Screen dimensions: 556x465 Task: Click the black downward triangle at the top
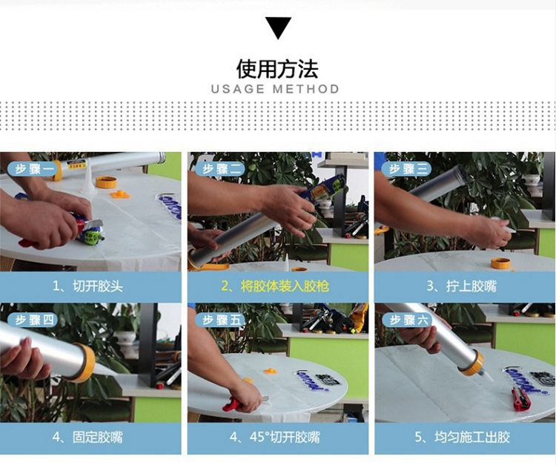click(x=278, y=27)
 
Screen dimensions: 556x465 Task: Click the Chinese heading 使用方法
click(x=277, y=68)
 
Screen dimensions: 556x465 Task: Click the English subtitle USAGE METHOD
click(x=275, y=89)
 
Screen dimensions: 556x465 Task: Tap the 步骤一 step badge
click(x=33, y=169)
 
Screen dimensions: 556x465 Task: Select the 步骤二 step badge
click(x=221, y=169)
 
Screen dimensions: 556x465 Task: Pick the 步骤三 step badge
click(x=408, y=169)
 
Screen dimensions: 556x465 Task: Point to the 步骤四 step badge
click(x=33, y=320)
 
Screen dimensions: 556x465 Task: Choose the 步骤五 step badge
click(x=221, y=320)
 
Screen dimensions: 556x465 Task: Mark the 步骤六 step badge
click(x=408, y=320)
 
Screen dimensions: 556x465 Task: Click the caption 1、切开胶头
click(x=87, y=286)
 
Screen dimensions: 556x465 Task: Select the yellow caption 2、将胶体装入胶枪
click(x=275, y=286)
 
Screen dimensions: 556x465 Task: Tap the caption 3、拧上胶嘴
click(x=462, y=286)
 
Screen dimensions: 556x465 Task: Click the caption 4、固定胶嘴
click(x=87, y=437)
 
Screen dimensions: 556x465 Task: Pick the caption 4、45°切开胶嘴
click(x=275, y=437)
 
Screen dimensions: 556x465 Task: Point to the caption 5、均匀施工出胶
click(x=462, y=437)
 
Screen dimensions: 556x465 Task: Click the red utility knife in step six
click(x=520, y=399)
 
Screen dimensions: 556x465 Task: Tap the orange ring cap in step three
click(x=500, y=263)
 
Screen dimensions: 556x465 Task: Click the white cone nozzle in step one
click(x=88, y=177)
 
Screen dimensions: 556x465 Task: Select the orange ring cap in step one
click(x=106, y=182)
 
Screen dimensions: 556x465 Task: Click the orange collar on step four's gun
click(x=85, y=363)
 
